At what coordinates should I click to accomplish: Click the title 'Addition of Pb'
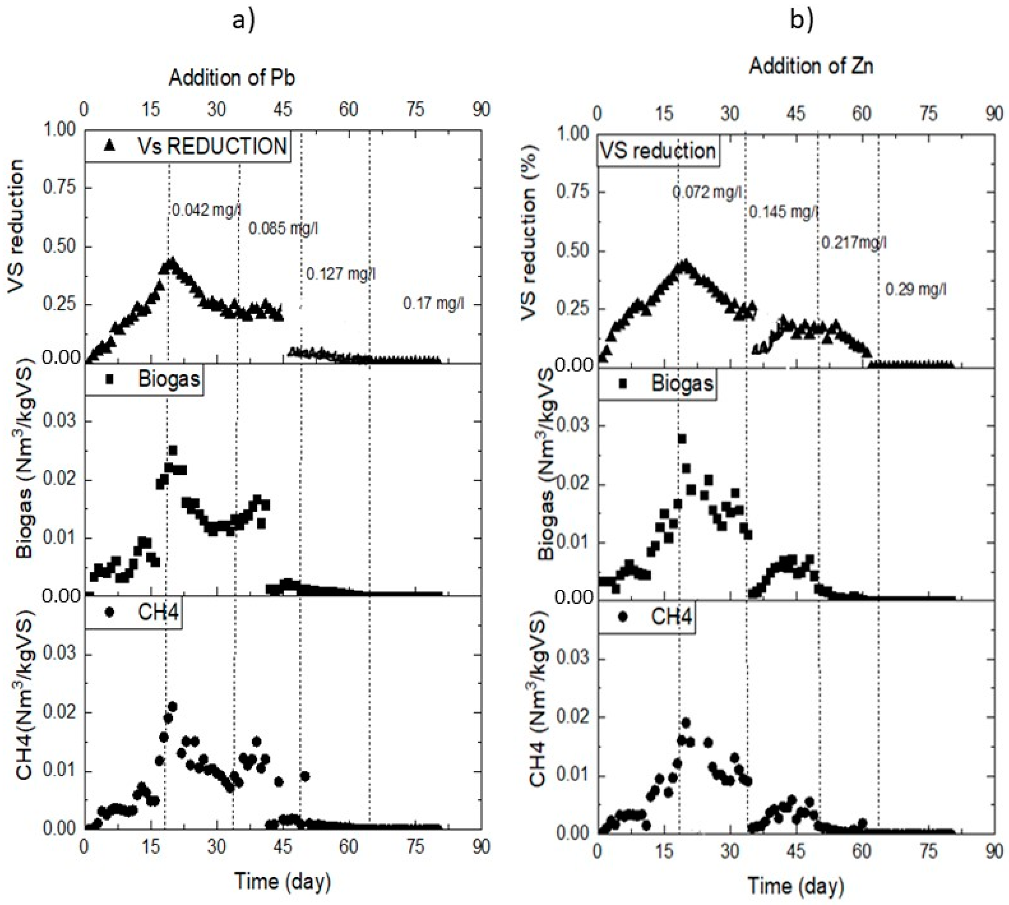(232, 78)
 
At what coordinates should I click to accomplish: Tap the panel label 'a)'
(244, 21)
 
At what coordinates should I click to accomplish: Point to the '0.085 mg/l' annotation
(283, 229)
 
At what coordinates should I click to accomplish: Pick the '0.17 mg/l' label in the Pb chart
(433, 303)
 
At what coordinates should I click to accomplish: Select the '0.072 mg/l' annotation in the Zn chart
(707, 192)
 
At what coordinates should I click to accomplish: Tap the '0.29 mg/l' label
(915, 289)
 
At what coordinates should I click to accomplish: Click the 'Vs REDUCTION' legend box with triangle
(188, 146)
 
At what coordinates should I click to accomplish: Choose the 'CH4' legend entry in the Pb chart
(133, 613)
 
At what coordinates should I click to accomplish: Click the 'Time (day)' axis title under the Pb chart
(282, 882)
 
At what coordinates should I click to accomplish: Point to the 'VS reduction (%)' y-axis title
(530, 234)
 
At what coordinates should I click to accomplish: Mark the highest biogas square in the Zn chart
(682, 439)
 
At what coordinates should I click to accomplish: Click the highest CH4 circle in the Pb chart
(172, 706)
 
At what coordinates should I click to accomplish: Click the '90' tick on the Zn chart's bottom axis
(994, 852)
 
